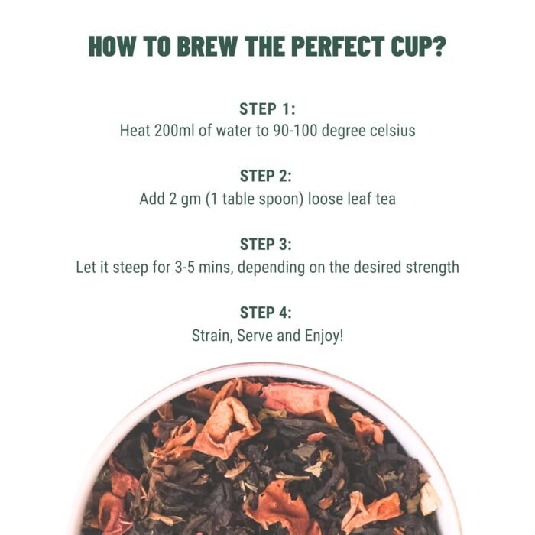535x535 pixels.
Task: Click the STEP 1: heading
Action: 267,109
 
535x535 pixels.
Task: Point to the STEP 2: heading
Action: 267,177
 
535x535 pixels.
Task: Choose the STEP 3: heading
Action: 267,245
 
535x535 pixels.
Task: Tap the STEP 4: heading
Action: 267,313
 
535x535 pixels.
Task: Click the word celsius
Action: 387,131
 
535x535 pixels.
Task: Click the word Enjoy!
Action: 323,336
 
